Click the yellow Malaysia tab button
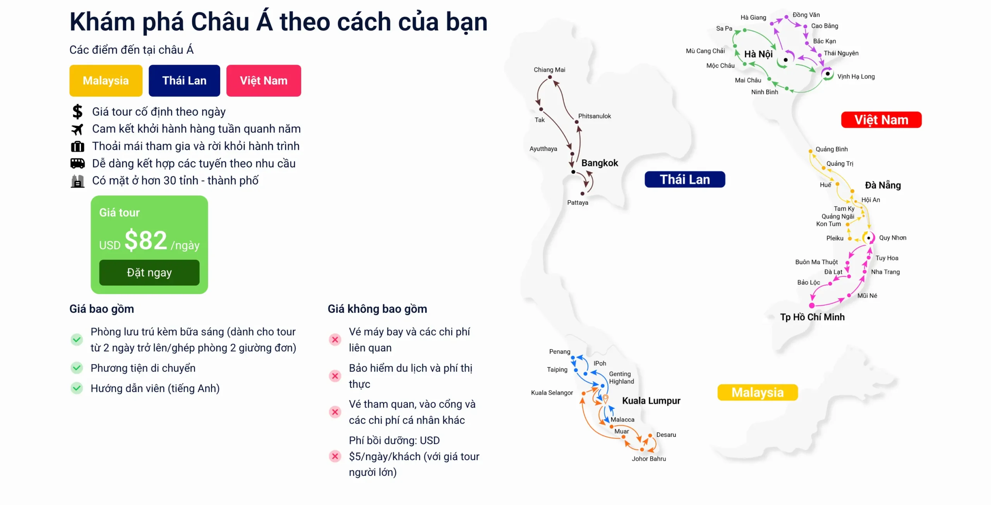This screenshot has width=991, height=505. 106,80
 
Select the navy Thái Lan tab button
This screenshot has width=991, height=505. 184,80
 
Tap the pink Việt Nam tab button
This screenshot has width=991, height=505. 264,80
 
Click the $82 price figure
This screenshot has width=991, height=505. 146,240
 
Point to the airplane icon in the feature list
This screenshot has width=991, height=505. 77,129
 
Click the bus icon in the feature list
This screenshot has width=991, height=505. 77,164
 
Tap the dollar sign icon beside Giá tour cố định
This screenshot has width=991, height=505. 77,112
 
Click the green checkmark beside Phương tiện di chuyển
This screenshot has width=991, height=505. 77,368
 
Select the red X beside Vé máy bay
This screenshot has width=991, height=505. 335,340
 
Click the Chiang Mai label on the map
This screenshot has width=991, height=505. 549,70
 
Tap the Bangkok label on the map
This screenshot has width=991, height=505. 600,163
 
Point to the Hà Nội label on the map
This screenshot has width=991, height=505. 758,54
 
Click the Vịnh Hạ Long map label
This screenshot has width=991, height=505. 856,77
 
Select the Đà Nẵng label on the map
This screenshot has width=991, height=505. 883,185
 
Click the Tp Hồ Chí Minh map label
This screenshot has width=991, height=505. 812,317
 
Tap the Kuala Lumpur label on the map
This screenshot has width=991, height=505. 651,401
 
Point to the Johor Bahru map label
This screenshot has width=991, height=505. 649,459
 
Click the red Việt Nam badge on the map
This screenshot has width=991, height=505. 881,120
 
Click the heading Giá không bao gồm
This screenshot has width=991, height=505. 377,309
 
